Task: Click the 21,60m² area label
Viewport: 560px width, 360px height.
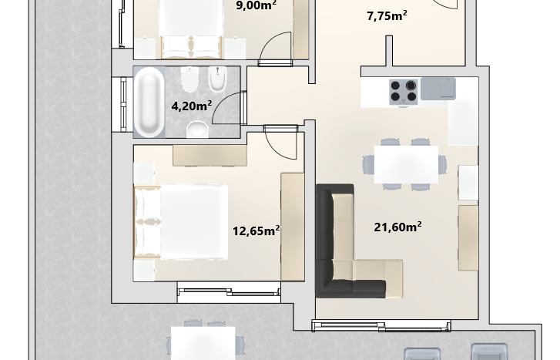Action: [x=397, y=227]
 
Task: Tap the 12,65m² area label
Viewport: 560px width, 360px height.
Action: [x=256, y=230]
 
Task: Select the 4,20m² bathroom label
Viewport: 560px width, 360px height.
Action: [x=192, y=106]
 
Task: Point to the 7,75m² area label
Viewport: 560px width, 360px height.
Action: [x=387, y=15]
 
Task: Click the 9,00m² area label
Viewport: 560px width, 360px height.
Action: [x=256, y=5]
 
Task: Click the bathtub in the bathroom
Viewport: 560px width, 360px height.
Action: [x=149, y=103]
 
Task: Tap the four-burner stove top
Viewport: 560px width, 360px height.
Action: [x=403, y=92]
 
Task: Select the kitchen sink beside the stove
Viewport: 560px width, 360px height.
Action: [x=438, y=89]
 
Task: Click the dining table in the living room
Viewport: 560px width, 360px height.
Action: [x=406, y=164]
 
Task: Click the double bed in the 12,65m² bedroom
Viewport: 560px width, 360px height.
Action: [x=181, y=222]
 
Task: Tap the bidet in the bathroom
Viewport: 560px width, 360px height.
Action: [x=217, y=79]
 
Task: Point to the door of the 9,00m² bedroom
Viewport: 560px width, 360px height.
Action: [x=275, y=49]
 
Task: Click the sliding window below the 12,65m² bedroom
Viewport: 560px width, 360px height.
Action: [x=229, y=291]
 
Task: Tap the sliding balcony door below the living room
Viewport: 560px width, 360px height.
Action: [x=381, y=326]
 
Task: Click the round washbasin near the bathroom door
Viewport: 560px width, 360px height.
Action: [x=197, y=129]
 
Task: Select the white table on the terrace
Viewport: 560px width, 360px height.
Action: [x=203, y=343]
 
